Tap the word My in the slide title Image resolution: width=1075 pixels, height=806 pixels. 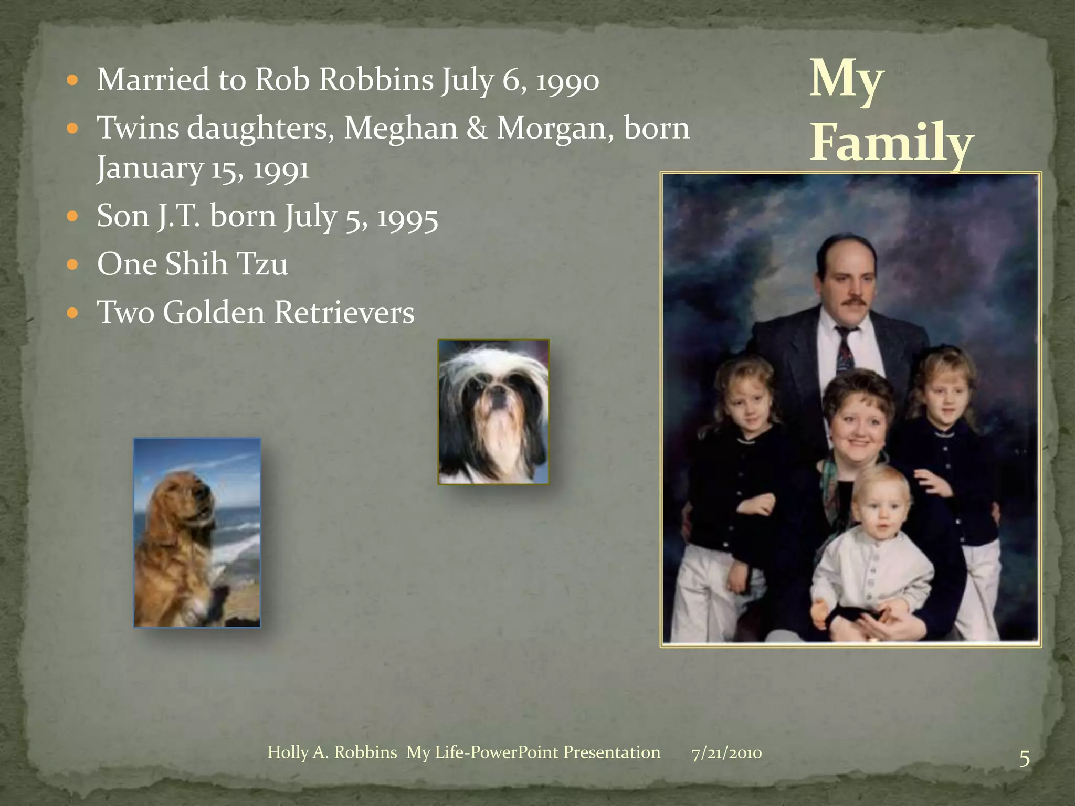tap(846, 80)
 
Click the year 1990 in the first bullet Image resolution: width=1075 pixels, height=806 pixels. tap(567, 81)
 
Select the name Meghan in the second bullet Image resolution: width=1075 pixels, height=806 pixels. tap(401, 129)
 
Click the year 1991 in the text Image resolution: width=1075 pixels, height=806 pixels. tap(281, 169)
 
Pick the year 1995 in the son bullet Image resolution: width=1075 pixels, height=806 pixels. tap(408, 217)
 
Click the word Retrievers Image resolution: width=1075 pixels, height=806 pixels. tap(344, 312)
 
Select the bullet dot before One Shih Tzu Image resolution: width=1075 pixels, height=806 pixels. tap(73, 264)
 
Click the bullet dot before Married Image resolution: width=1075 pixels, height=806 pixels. tap(73, 81)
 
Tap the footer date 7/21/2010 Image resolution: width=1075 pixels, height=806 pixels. tap(726, 754)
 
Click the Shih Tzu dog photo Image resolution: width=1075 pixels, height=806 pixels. tap(493, 411)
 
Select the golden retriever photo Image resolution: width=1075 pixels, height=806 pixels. tap(197, 532)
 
